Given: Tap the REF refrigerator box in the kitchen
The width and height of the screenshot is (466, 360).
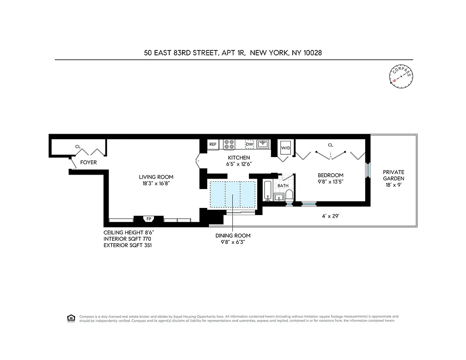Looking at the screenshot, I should (213, 144).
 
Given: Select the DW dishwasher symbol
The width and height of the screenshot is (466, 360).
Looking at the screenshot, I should (249, 144).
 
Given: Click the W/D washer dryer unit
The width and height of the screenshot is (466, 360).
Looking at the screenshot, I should (285, 148).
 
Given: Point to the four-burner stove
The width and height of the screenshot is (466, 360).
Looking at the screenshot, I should (229, 144).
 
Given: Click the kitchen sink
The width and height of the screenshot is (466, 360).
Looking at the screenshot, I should (263, 144).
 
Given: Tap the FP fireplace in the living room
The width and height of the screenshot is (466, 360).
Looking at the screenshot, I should (148, 219).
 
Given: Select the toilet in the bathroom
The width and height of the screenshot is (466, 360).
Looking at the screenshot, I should (289, 195).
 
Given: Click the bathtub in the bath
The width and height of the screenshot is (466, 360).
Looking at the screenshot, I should (267, 191).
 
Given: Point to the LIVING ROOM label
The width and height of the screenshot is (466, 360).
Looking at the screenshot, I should (156, 177).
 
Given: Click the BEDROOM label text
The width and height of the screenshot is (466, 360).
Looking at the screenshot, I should (330, 175).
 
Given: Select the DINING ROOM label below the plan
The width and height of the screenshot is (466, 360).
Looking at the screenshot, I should (232, 235).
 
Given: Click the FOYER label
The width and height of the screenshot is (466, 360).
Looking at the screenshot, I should (88, 162).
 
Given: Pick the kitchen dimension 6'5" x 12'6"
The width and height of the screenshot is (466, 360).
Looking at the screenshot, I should (238, 164).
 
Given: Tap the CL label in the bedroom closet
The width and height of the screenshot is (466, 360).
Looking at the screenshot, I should (330, 145).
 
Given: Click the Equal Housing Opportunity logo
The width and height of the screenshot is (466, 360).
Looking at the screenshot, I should (70, 318).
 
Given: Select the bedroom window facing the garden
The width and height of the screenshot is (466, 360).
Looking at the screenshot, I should (368, 171).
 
